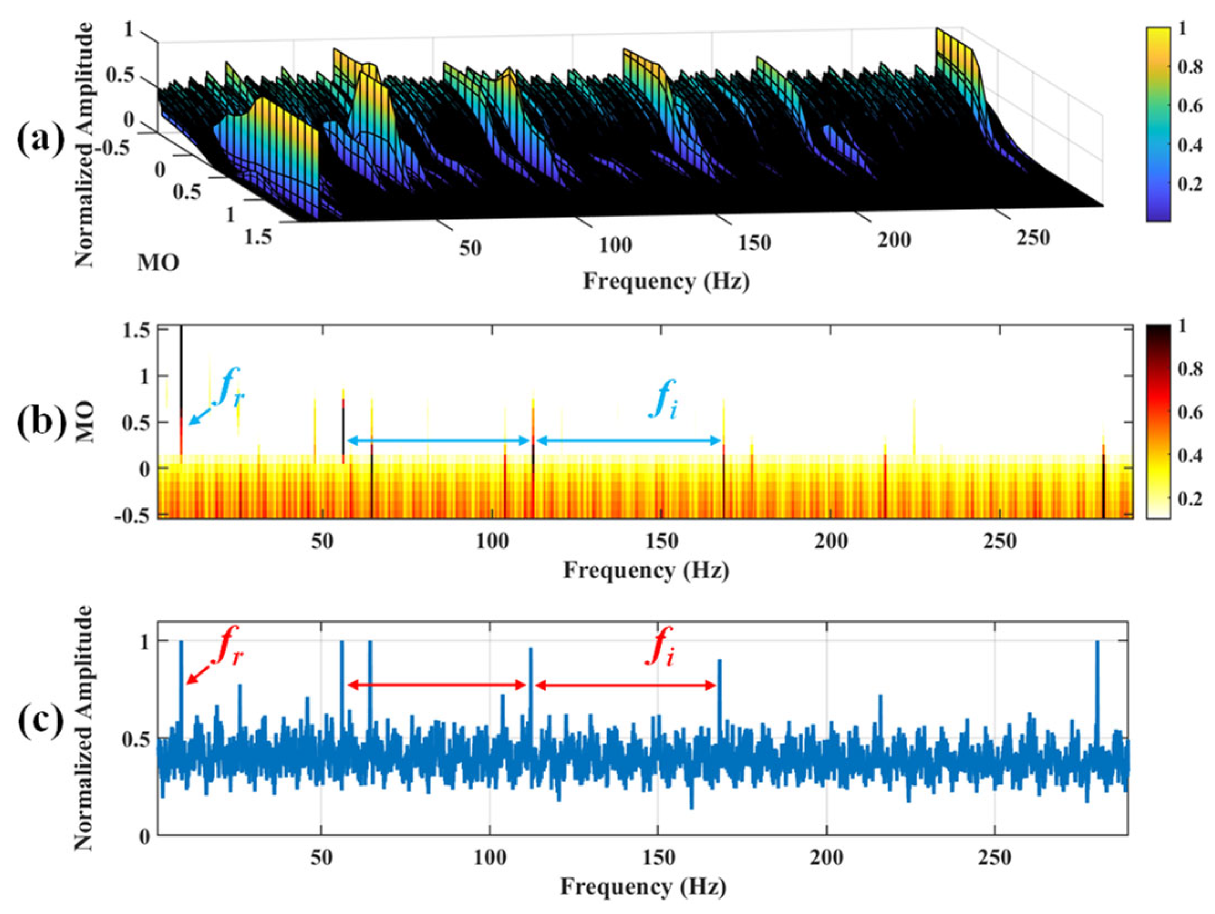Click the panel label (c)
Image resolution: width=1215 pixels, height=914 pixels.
tap(40, 722)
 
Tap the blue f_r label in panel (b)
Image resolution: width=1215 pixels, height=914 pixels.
tap(228, 392)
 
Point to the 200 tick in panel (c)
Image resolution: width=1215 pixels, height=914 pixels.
tap(826, 858)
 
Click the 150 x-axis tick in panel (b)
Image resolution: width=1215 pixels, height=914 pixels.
tap(661, 541)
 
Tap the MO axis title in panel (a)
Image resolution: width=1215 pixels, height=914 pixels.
tap(158, 263)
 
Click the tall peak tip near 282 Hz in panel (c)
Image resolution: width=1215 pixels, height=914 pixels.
tap(1097, 642)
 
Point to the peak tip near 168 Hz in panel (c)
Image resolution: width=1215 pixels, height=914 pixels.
tap(719, 660)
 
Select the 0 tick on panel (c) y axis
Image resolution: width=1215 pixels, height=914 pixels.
tap(145, 836)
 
